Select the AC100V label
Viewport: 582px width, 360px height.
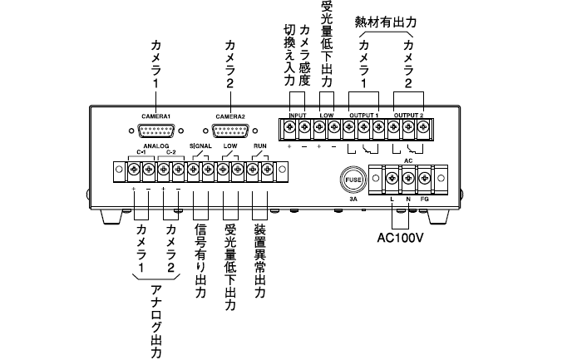pos(402,235)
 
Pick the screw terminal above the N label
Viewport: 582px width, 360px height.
pos(408,176)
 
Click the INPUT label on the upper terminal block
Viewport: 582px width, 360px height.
pos(298,115)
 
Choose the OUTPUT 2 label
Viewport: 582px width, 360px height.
pos(408,115)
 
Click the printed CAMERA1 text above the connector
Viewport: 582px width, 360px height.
pos(155,116)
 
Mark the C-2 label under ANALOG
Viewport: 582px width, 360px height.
pos(170,153)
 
